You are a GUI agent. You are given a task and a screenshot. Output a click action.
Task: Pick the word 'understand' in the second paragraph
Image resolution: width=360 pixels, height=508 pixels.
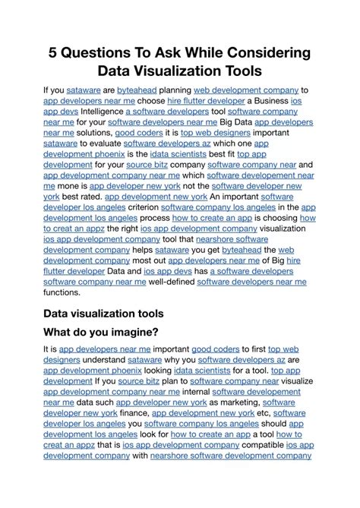(x=100, y=361)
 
